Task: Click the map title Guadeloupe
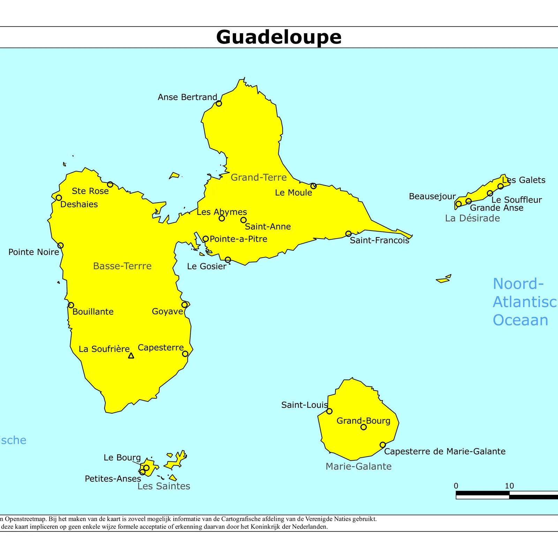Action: (x=279, y=37)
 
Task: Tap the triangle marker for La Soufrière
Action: (x=131, y=356)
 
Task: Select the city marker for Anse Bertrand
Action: (x=219, y=103)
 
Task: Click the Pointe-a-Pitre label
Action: (x=239, y=239)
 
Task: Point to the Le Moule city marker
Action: (x=314, y=186)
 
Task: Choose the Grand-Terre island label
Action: (x=259, y=178)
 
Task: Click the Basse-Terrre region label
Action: (x=122, y=266)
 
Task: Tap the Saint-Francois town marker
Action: (x=348, y=234)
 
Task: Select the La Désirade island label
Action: (x=472, y=218)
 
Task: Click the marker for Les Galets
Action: (x=500, y=186)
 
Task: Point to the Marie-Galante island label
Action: (x=359, y=466)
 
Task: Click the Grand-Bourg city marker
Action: (x=363, y=427)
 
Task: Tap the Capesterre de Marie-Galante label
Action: (x=445, y=451)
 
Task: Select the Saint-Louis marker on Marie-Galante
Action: (x=329, y=411)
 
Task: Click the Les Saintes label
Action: (x=164, y=486)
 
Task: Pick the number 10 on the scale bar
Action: (x=509, y=486)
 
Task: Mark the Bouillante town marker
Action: (x=71, y=305)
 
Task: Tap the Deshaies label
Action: (x=79, y=204)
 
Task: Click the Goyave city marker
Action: (x=184, y=305)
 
